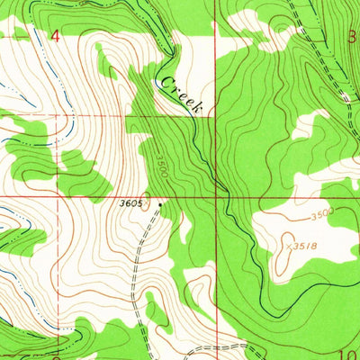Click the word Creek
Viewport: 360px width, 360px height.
click(182, 95)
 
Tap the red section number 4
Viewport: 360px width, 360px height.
click(57, 35)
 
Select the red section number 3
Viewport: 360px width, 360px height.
click(353, 36)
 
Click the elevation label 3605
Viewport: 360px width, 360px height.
click(131, 203)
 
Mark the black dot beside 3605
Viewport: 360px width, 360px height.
click(161, 204)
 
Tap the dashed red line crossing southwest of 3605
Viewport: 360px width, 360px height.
click(59, 196)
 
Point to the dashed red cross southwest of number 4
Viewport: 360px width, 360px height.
click(59, 117)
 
